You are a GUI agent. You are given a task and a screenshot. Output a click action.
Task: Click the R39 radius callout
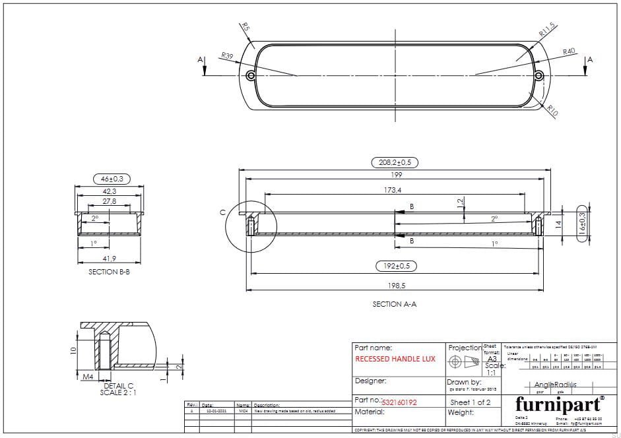(227, 56)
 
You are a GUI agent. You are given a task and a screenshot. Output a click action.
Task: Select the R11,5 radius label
(547, 30)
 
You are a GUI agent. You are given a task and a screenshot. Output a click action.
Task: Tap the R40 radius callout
(569, 51)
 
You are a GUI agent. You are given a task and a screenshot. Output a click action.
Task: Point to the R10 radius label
(552, 111)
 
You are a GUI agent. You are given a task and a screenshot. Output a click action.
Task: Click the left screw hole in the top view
(251, 76)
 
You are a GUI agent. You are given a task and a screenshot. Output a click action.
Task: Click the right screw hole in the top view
(539, 76)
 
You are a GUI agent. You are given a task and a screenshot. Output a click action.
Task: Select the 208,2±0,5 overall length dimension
(395, 162)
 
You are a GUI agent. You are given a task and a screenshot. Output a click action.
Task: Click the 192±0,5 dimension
(395, 266)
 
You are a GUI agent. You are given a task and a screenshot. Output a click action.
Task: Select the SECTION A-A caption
(395, 304)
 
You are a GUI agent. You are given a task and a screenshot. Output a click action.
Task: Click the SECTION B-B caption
(110, 271)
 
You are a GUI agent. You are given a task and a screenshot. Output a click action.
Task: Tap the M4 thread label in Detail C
(88, 377)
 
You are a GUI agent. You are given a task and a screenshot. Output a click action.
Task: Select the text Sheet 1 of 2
(470, 402)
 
